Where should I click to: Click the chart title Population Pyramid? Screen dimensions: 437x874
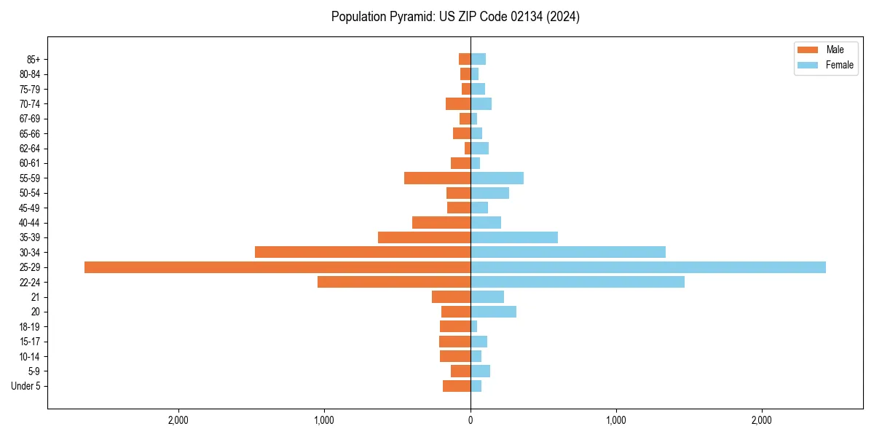tap(455, 17)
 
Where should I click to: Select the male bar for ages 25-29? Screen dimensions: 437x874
tap(277, 267)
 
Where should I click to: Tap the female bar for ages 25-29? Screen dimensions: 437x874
tap(648, 267)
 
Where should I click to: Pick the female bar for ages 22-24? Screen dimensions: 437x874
tap(578, 282)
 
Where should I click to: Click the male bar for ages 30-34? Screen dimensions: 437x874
tap(363, 252)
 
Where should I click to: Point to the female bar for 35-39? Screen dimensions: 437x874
tap(514, 237)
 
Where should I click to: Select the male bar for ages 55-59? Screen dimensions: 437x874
tap(437, 178)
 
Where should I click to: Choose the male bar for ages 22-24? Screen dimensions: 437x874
tap(394, 282)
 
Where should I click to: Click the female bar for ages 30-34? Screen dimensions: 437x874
tap(568, 252)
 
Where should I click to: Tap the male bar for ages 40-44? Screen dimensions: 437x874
tap(441, 222)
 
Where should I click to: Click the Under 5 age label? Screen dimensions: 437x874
tap(26, 386)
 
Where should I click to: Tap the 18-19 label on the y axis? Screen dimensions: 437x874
tap(30, 326)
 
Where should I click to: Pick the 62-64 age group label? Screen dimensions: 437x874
tap(30, 148)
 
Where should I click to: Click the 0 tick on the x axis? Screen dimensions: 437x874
tap(471, 420)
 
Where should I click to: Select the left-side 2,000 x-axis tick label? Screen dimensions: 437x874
tap(178, 420)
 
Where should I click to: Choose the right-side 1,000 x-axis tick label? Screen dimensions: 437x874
tap(616, 420)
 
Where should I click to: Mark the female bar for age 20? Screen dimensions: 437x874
tap(493, 312)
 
